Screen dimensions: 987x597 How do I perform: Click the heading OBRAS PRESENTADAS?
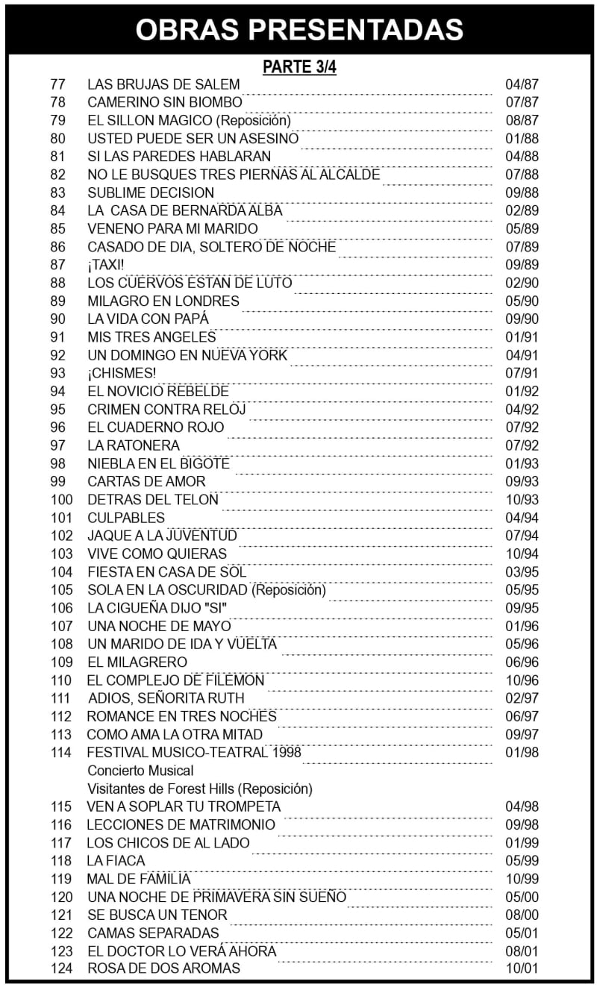tap(298, 28)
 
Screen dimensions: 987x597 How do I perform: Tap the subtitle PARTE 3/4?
tap(299, 67)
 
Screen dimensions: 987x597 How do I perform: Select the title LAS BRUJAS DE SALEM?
tap(163, 84)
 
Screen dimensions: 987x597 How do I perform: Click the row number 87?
tap(58, 265)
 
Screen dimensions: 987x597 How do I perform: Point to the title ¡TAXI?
tap(107, 265)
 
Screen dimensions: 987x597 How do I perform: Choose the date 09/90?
tap(522, 319)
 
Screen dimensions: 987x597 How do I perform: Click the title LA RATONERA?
tap(134, 445)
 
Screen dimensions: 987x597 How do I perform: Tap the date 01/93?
tap(522, 464)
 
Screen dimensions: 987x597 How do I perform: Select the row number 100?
tap(61, 500)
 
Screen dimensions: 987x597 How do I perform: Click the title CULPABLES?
tap(126, 518)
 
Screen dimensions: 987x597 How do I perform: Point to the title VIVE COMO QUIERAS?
tap(157, 554)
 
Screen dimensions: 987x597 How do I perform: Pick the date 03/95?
tap(522, 572)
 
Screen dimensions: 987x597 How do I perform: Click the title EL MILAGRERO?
tap(137, 662)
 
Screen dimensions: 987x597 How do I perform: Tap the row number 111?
tap(61, 698)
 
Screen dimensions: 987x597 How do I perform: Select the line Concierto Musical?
tap(140, 771)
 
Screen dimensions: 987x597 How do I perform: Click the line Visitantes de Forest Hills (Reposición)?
tap(200, 789)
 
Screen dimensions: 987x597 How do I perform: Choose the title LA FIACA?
tap(116, 861)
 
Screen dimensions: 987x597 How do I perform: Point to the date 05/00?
tap(522, 897)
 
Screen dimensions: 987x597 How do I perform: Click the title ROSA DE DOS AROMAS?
tap(163, 969)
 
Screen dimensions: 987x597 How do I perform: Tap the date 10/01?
tap(522, 969)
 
